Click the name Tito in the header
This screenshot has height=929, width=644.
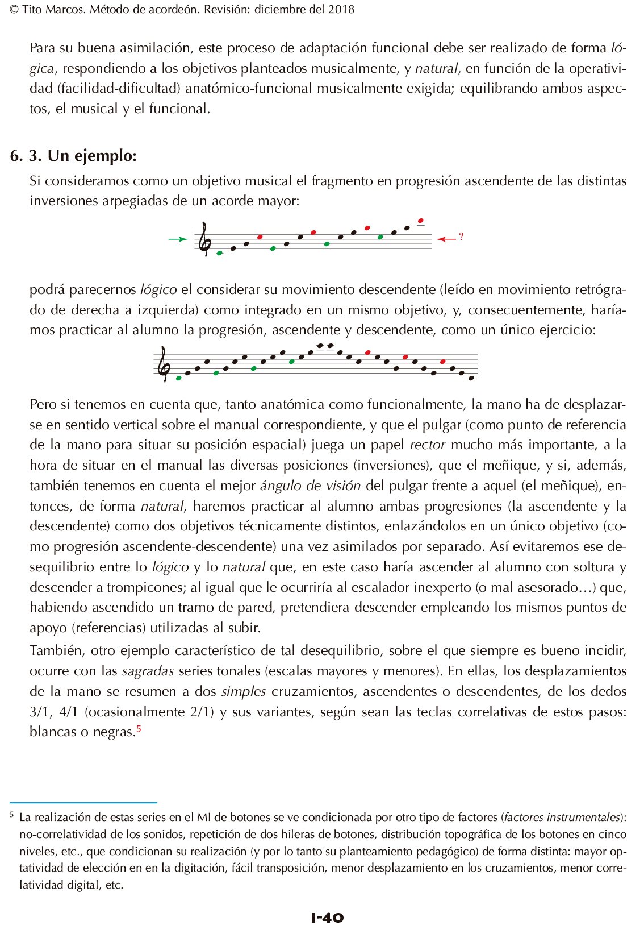click(32, 9)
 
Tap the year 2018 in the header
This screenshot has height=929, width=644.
click(342, 9)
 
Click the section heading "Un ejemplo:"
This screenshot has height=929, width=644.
click(92, 155)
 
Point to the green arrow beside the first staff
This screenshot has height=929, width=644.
click(178, 239)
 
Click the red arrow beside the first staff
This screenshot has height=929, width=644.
click(447, 238)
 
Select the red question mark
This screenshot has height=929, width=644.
click(461, 237)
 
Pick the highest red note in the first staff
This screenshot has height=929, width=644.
click(420, 221)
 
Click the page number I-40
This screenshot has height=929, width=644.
click(327, 917)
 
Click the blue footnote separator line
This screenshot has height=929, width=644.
click(83, 802)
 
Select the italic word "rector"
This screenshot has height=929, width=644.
click(427, 445)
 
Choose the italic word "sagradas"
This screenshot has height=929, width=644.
click(148, 671)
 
